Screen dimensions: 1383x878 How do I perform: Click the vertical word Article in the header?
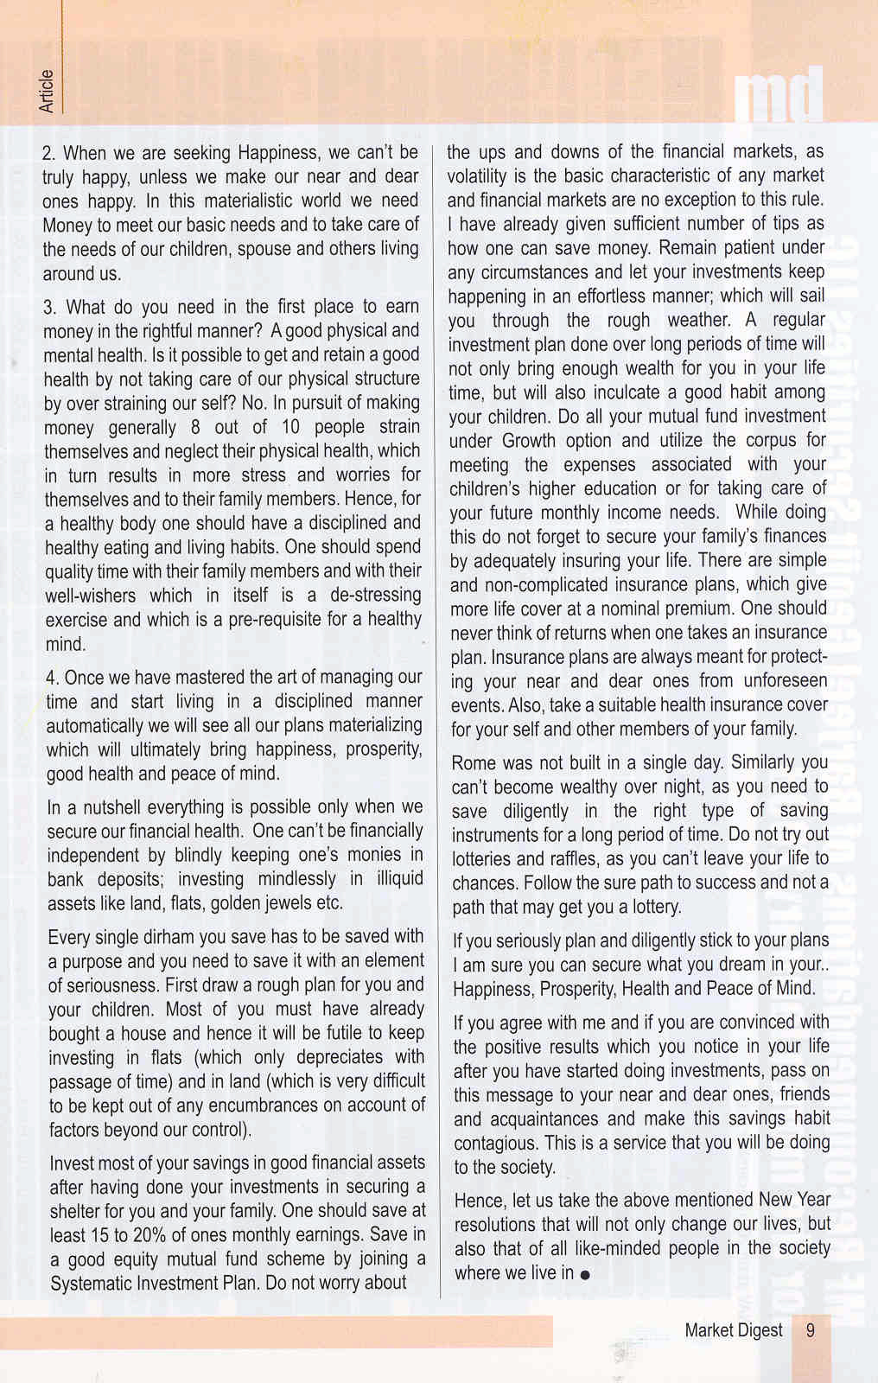tap(47, 91)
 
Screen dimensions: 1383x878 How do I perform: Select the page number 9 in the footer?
tap(810, 1330)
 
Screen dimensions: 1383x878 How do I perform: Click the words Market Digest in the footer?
tap(733, 1330)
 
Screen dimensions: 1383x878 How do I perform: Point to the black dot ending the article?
tap(586, 1275)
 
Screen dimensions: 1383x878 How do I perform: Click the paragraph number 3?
tap(50, 307)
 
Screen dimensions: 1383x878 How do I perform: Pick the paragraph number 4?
tap(52, 678)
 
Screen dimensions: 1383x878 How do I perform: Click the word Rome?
tap(474, 762)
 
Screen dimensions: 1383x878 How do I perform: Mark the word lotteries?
tap(481, 859)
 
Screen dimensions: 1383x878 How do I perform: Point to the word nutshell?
tap(108, 807)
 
